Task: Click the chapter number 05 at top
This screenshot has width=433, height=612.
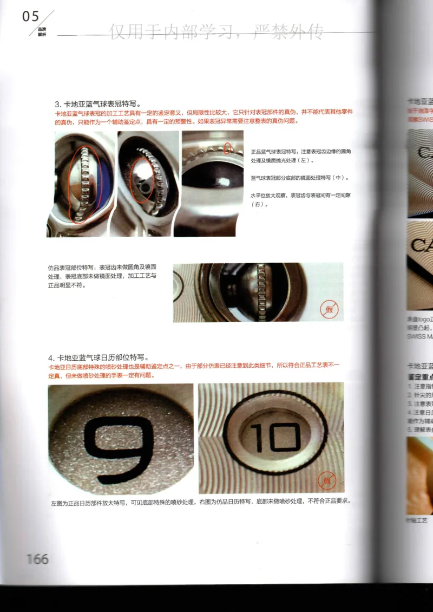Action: tap(31, 17)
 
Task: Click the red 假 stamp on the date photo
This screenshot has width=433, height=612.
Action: tap(327, 480)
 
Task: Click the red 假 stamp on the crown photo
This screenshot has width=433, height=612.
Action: tap(328, 309)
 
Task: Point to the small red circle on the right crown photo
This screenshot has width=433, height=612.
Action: tap(228, 147)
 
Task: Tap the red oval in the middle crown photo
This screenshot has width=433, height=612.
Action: tap(143, 179)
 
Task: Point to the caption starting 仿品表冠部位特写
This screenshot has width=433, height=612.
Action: tap(102, 276)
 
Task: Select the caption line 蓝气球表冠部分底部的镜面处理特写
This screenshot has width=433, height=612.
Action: tap(300, 178)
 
